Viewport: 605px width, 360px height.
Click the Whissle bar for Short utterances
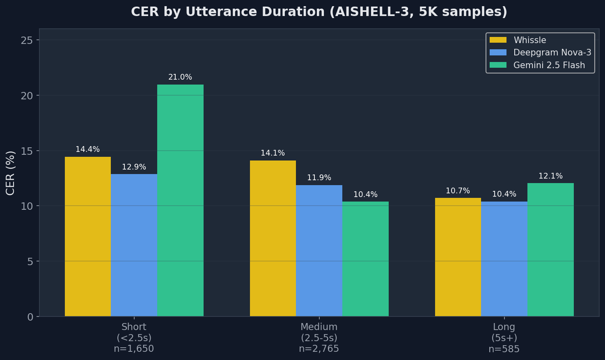pyautogui.click(x=88, y=236)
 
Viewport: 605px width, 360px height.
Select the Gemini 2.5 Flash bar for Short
pyautogui.click(x=180, y=200)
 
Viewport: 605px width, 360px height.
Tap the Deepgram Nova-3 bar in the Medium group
pyautogui.click(x=319, y=250)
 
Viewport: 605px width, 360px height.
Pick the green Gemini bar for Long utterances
pyautogui.click(x=550, y=250)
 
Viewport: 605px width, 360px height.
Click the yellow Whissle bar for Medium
pyautogui.click(x=273, y=238)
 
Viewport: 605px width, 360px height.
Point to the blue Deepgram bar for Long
pyautogui.click(x=504, y=259)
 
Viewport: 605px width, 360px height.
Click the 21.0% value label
pyautogui.click(x=180, y=77)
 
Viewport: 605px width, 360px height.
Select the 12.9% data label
pyautogui.click(x=134, y=167)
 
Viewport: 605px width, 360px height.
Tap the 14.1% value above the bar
pyautogui.click(x=273, y=153)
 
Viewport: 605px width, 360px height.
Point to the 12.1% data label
pyautogui.click(x=550, y=176)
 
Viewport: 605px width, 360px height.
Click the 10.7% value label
pyautogui.click(x=458, y=191)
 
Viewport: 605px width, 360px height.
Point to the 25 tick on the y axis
pyautogui.click(x=27, y=40)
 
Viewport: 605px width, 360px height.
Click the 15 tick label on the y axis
pyautogui.click(x=27, y=151)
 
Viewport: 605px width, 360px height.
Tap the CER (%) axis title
pyautogui.click(x=10, y=172)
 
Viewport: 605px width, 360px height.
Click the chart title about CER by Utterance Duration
pyautogui.click(x=319, y=12)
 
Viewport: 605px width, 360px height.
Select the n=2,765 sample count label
pyautogui.click(x=319, y=349)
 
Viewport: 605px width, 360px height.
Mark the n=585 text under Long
pyautogui.click(x=504, y=349)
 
